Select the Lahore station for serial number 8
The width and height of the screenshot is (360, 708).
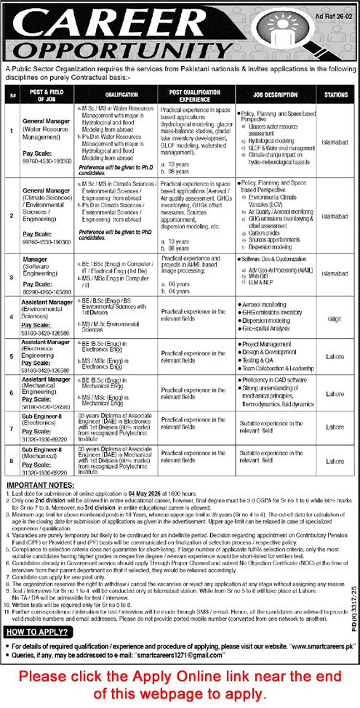pos(335,461)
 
